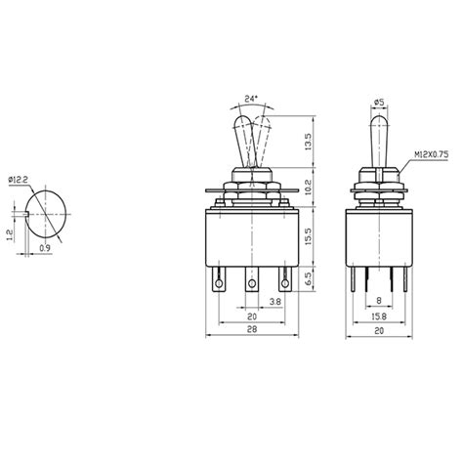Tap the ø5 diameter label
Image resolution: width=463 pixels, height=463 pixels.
(378, 100)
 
